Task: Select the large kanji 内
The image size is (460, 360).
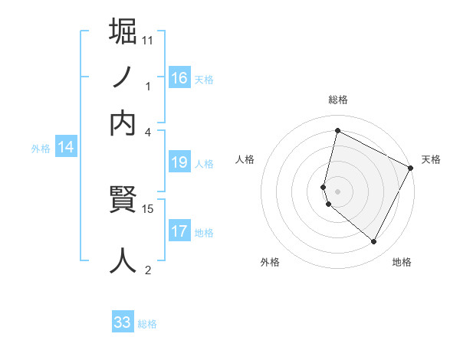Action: point(123,123)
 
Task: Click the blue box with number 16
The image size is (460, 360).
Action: point(179,77)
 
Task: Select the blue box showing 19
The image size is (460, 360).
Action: point(179,162)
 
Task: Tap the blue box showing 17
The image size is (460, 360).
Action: point(179,231)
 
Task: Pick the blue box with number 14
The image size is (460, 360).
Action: point(66,148)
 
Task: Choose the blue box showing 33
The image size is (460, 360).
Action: point(123,322)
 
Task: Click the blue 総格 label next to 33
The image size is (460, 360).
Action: point(147,324)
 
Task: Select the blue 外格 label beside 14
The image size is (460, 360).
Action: point(41,149)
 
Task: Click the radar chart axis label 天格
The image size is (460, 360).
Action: point(431,160)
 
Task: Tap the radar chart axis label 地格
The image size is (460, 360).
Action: point(402,263)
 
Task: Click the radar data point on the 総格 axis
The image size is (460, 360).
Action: point(337,131)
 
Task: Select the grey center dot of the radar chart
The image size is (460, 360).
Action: point(337,191)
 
